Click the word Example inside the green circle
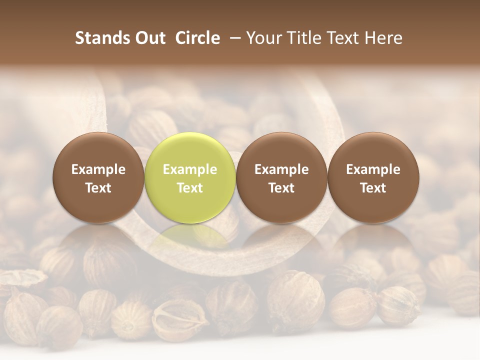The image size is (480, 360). tap(190, 169)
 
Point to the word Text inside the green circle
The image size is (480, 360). tap(190, 188)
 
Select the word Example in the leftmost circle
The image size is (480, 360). tap(98, 169)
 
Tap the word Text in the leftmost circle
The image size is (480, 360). tap(98, 188)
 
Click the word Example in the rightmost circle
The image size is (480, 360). tap(373, 169)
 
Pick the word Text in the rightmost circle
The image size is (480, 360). tap(373, 188)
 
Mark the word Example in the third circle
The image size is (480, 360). tap(281, 169)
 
